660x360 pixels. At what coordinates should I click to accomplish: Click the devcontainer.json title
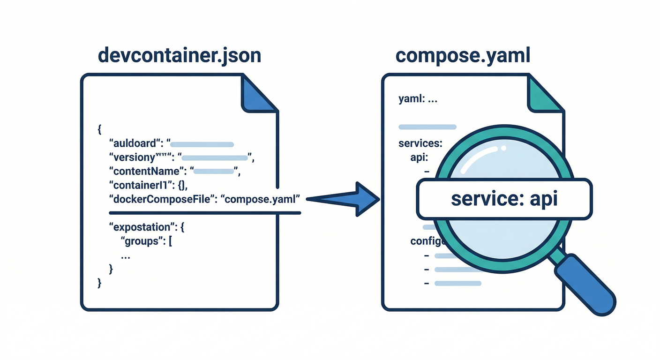click(179, 56)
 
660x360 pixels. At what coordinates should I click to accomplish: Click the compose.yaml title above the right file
click(463, 56)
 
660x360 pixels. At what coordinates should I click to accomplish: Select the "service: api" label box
click(504, 199)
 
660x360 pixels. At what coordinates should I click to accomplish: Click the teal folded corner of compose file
click(545, 96)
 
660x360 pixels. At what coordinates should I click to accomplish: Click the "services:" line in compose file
click(420, 143)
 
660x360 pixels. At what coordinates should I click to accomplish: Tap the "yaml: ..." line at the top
click(418, 99)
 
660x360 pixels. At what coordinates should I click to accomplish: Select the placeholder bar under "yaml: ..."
click(427, 127)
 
